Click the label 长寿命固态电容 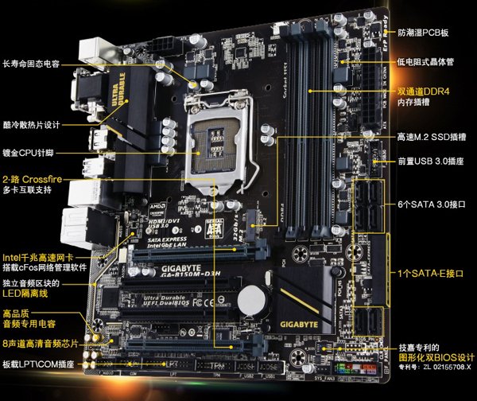point(31,64)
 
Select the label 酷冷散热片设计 point(31,125)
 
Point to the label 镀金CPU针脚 point(29,150)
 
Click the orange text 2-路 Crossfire point(32,180)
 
